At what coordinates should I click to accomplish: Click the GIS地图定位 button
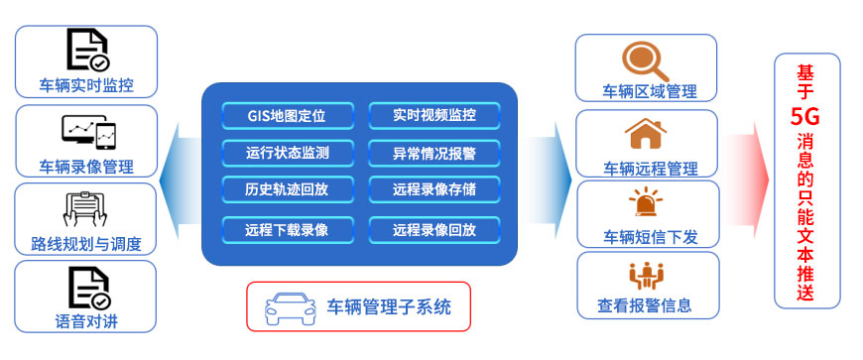pos(287,116)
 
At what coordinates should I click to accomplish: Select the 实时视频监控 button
pos(434,116)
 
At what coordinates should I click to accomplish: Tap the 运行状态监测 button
pos(287,153)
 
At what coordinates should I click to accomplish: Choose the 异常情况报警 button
pos(434,153)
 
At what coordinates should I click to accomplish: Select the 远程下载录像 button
pos(287,230)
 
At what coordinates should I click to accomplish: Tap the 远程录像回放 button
pos(434,230)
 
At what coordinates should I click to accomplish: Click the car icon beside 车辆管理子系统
pos(287,307)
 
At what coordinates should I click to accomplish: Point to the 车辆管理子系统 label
pos(389,307)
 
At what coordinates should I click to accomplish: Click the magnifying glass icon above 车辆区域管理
pos(646,59)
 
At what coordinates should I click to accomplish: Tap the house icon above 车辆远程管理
pos(646,133)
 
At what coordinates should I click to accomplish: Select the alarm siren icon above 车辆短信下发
pos(646,205)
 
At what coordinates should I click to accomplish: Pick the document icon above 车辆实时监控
pos(87,50)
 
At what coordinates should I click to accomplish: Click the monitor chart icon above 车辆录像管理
pos(87,130)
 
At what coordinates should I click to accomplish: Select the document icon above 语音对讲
pos(87,288)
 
